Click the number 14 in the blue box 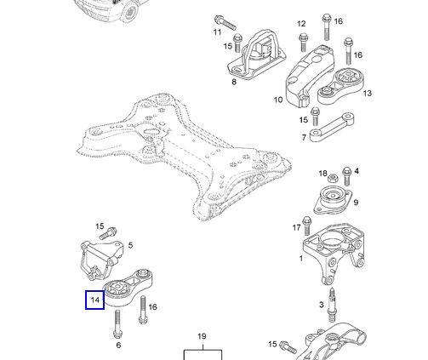pyautogui.click(x=95, y=300)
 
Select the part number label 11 pyautogui.click(x=217, y=31)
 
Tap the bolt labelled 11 pyautogui.click(x=225, y=23)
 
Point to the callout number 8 pyautogui.click(x=234, y=82)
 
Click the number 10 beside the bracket pyautogui.click(x=278, y=100)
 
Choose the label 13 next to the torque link pyautogui.click(x=368, y=93)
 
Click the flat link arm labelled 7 pyautogui.click(x=332, y=127)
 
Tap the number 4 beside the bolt pyautogui.click(x=357, y=171)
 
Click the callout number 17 pyautogui.click(x=296, y=227)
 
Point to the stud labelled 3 pyautogui.click(x=333, y=305)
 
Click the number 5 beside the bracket pyautogui.click(x=130, y=245)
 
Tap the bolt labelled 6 pyautogui.click(x=117, y=324)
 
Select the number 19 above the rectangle pyautogui.click(x=202, y=336)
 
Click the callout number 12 pyautogui.click(x=301, y=24)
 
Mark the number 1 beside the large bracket pyautogui.click(x=301, y=259)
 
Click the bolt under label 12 pyautogui.click(x=303, y=43)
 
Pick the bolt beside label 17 pyautogui.click(x=307, y=226)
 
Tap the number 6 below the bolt pyautogui.click(x=118, y=346)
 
